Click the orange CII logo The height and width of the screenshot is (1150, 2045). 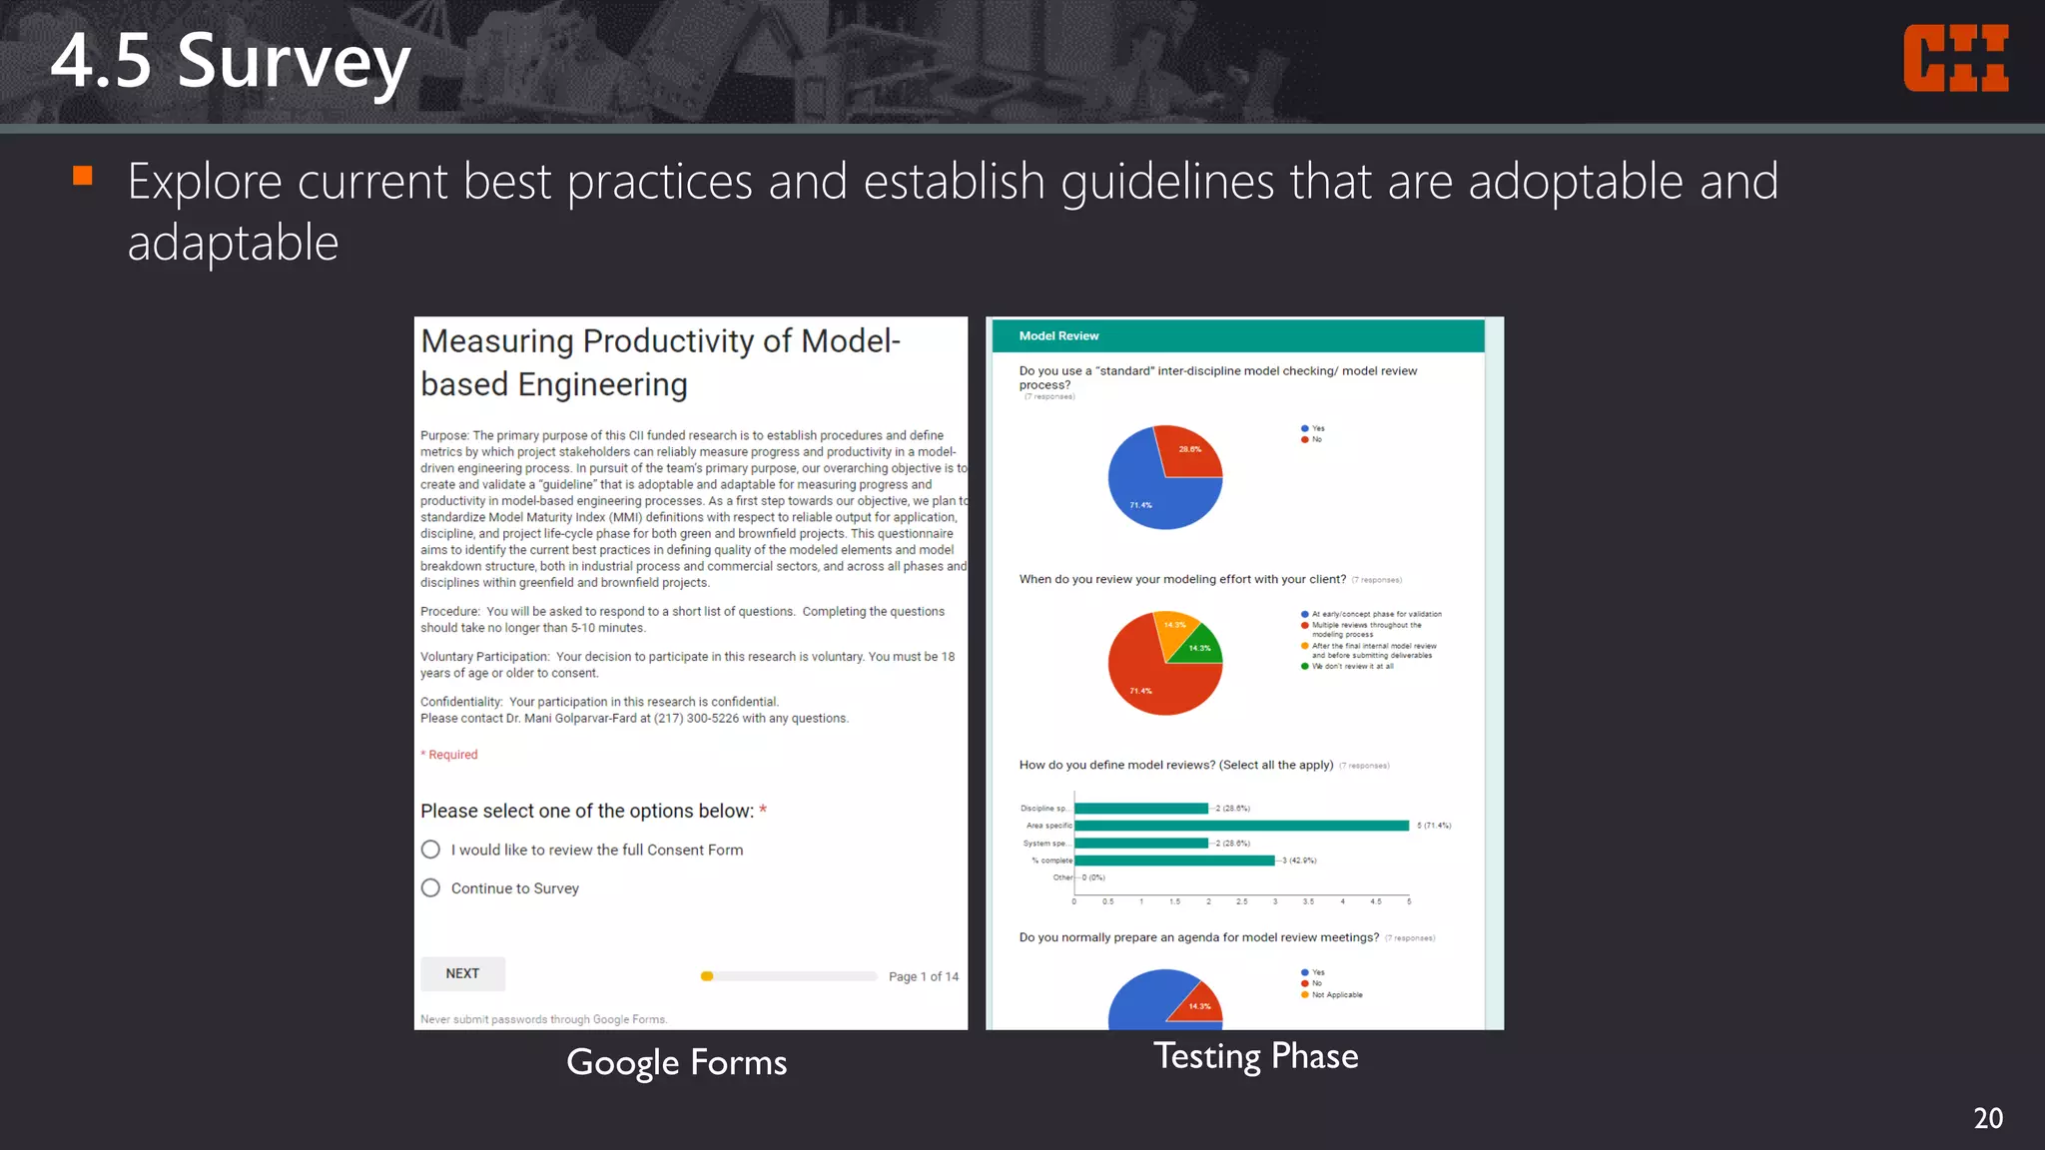coord(1955,59)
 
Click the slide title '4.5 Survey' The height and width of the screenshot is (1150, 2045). coord(230,62)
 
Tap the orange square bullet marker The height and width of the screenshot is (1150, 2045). coord(83,177)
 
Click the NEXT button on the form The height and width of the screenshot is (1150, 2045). coord(462,973)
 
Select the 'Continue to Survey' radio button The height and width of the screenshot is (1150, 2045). coord(430,887)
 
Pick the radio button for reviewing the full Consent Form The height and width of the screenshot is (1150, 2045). coord(430,850)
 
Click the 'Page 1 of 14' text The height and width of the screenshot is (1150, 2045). coord(923,976)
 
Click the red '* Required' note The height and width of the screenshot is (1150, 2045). coord(449,755)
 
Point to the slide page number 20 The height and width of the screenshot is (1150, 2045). coord(1987,1118)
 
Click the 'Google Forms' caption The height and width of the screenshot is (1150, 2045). coord(676,1062)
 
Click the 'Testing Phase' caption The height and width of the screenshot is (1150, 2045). coord(1255,1056)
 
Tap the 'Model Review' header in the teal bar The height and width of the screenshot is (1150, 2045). coord(1058,336)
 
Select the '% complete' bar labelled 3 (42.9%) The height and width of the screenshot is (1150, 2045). coord(1174,861)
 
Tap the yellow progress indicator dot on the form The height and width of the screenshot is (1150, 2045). coord(707,976)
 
